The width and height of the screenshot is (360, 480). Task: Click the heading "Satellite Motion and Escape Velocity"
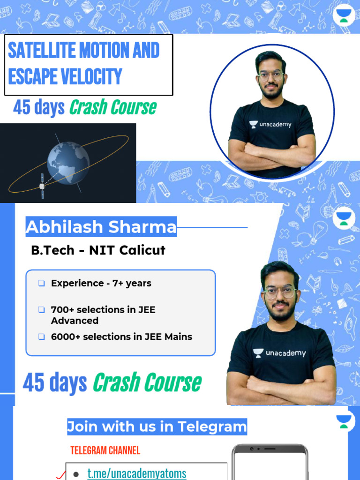(x=84, y=64)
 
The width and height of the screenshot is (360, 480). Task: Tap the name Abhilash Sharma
(x=101, y=227)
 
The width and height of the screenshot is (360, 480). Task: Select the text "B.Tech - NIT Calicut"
(x=98, y=250)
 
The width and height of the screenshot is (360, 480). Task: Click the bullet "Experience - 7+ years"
(x=101, y=283)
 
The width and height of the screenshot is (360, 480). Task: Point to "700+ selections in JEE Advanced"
(x=103, y=315)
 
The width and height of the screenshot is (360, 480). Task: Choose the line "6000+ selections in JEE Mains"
(x=121, y=337)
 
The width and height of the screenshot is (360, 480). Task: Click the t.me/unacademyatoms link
(x=137, y=473)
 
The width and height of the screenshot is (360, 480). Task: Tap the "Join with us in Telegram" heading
(x=157, y=427)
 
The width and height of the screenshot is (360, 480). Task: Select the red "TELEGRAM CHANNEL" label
(x=105, y=451)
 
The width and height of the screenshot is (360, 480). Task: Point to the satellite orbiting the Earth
(x=42, y=186)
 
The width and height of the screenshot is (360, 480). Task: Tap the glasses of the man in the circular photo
(x=270, y=75)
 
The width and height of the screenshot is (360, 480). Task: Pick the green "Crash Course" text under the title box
(x=113, y=108)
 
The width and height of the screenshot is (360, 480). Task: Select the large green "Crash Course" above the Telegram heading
(x=147, y=383)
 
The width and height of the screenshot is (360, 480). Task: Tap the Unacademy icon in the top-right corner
(x=344, y=17)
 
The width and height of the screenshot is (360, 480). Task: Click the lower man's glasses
(x=280, y=292)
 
